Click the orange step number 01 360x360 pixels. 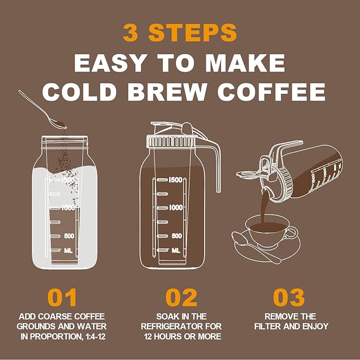(62, 297)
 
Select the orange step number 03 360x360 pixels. (289, 297)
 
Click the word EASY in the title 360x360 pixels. (111, 63)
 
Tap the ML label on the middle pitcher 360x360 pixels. (175, 249)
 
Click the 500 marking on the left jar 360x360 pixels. (69, 235)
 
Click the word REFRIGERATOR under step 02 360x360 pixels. (182, 326)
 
